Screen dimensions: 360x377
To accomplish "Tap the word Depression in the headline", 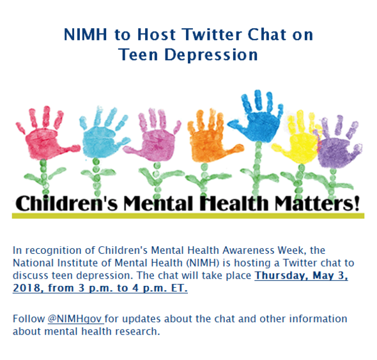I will (212, 54).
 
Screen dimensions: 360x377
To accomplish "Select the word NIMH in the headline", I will (88, 34).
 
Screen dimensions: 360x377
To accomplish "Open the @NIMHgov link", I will (75, 318).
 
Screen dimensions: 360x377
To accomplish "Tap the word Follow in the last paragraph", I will (28, 318).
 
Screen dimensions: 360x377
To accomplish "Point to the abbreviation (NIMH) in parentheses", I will (180, 263).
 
